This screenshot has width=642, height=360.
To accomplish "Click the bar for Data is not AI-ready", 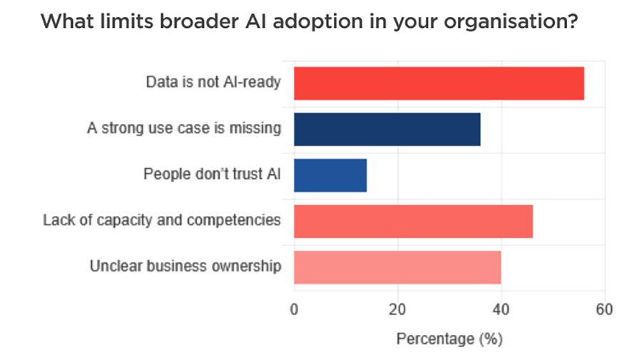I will (439, 83).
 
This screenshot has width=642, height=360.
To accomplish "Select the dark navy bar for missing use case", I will (387, 130).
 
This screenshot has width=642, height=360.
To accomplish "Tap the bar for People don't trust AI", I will (330, 175).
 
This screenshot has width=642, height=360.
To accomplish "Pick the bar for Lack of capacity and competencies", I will (413, 221).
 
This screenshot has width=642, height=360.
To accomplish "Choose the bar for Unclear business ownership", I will (397, 267).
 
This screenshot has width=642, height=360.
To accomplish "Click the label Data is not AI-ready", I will (213, 83).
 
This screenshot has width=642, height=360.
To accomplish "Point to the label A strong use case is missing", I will (184, 129).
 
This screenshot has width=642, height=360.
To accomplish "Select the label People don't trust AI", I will (212, 175).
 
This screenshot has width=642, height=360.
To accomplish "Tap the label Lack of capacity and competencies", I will (162, 220).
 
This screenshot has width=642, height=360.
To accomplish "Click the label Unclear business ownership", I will (185, 266).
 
